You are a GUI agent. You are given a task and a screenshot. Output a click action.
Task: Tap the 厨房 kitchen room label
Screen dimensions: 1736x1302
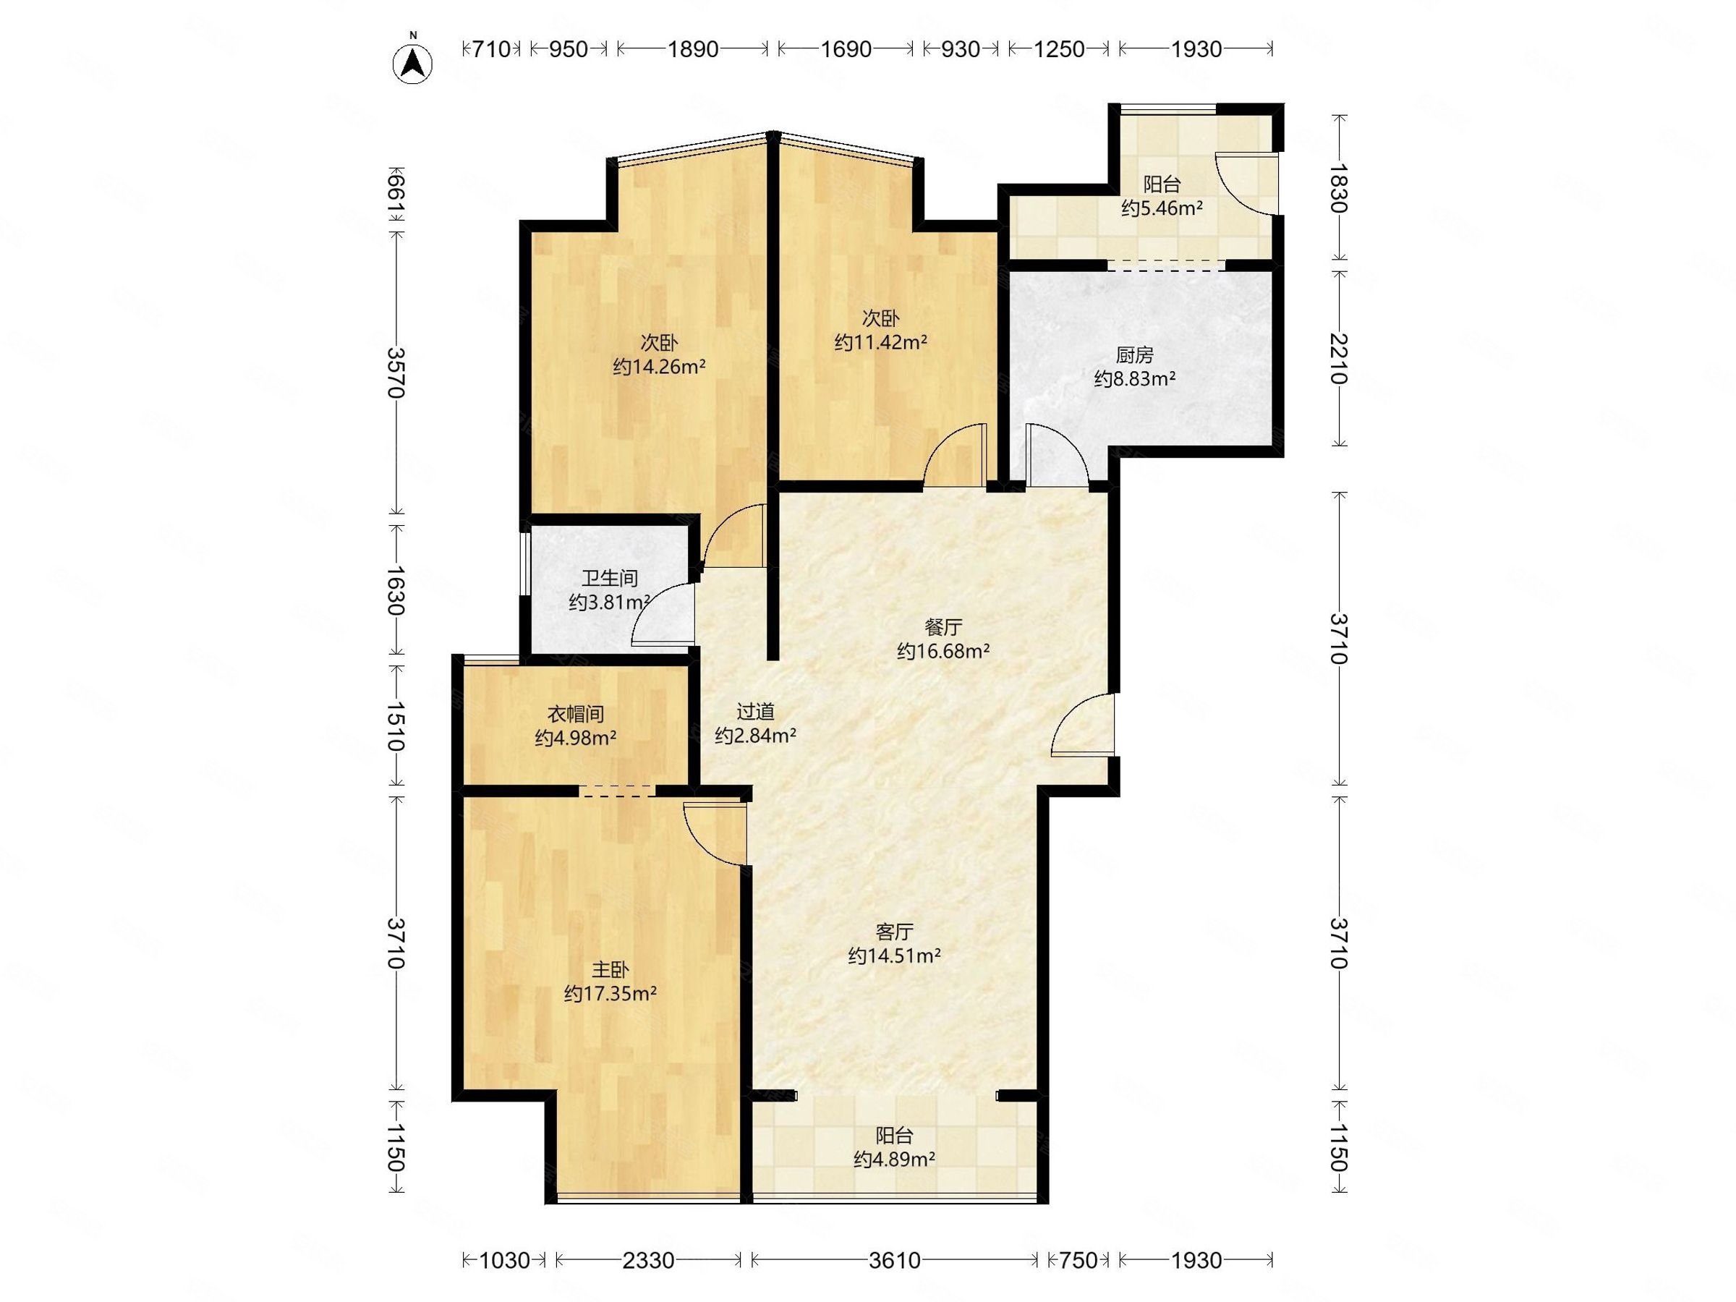click(1134, 356)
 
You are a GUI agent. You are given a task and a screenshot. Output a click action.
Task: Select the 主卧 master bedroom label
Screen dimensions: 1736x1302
click(610, 970)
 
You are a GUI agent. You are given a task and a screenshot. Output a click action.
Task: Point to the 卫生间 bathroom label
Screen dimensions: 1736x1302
click(609, 579)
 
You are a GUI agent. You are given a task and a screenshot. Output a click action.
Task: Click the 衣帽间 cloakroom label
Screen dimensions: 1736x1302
click(575, 714)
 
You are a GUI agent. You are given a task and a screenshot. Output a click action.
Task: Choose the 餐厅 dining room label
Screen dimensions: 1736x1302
click(943, 627)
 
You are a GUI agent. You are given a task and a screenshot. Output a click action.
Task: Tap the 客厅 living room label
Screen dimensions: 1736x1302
click(894, 932)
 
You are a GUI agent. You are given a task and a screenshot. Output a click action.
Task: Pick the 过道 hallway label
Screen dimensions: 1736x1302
click(756, 712)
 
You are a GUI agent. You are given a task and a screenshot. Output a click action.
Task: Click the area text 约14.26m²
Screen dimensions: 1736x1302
click(659, 367)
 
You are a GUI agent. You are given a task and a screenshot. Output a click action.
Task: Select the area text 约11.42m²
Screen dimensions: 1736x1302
click(880, 342)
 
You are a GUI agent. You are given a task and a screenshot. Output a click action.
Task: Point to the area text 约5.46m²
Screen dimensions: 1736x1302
click(1162, 208)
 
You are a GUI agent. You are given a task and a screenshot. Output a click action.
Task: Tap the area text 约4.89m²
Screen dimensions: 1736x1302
click(894, 1158)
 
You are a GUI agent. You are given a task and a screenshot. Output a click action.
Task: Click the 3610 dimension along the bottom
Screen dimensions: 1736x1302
click(895, 1260)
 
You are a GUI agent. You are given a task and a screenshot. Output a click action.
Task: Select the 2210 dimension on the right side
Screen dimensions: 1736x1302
click(1338, 359)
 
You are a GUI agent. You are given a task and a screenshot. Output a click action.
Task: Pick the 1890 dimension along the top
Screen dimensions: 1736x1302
click(692, 49)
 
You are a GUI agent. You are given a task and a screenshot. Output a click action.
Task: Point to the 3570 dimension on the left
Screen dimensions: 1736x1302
click(396, 373)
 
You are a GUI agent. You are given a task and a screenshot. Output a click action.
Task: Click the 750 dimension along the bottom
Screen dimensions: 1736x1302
click(1078, 1260)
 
